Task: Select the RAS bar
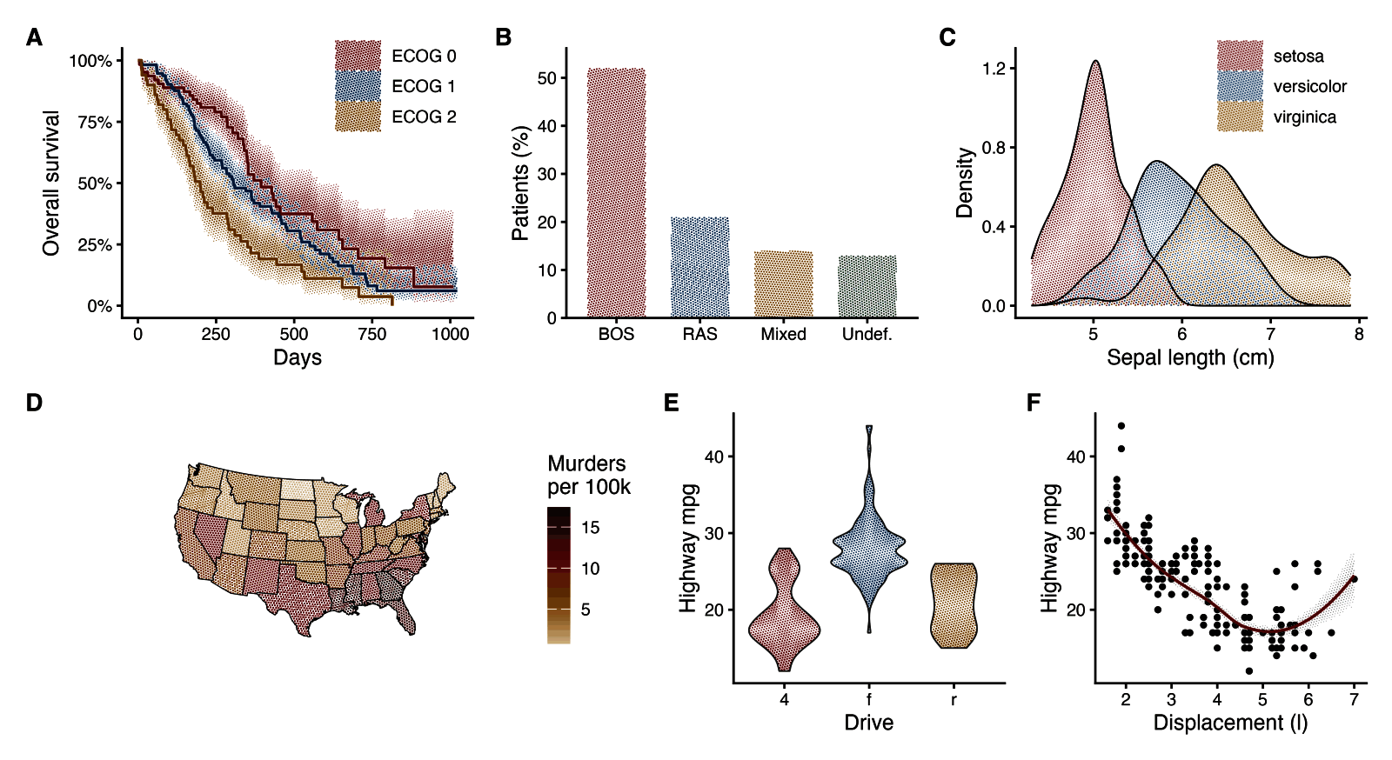699,267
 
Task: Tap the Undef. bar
867,286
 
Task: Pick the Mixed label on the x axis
783,334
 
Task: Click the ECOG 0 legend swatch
358,56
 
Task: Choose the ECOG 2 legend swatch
358,117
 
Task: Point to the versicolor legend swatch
1240,86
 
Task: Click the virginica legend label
1304,117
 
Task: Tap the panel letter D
34,403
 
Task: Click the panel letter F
1034,403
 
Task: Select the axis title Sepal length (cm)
1190,357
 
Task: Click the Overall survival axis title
51,183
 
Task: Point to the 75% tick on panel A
95,123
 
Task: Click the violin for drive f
869,529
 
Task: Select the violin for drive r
954,605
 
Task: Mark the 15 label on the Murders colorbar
590,527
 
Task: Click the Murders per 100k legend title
588,475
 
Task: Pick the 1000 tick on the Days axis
451,334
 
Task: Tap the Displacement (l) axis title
1230,723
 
